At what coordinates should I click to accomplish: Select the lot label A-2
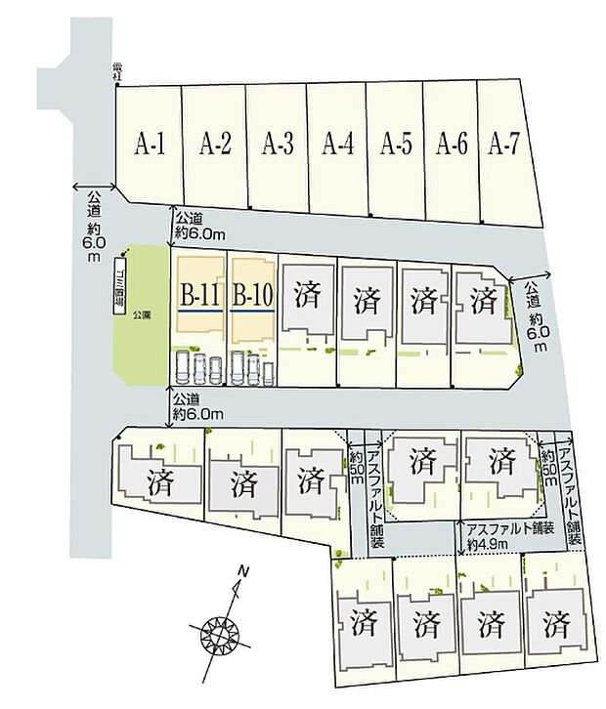point(215,146)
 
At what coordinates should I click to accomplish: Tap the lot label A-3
point(279,146)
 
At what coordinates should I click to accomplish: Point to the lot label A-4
point(337,146)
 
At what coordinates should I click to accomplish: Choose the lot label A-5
point(395,146)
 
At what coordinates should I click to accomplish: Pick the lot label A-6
point(452,146)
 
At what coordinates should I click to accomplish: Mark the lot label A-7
point(503,146)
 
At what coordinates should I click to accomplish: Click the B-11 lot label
point(198,293)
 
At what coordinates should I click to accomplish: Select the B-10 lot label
point(251,293)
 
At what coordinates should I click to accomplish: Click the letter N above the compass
point(244,571)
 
